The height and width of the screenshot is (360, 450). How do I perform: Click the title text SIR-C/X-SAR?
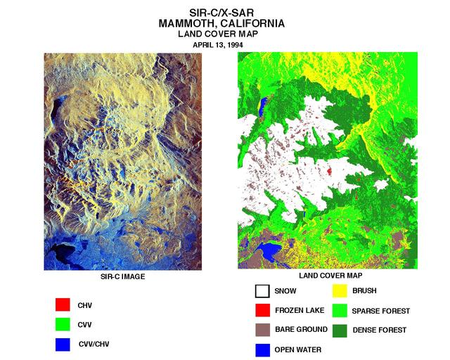(221, 12)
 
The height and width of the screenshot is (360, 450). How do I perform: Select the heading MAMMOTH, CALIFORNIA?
(221, 22)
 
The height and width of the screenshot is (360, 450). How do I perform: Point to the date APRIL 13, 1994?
(221, 44)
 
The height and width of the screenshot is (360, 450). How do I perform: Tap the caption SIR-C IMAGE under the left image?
(122, 276)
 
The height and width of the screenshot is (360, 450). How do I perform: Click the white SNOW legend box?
(262, 290)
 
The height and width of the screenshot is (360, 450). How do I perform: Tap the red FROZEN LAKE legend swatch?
(262, 310)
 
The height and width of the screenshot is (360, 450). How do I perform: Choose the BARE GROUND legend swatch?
(262, 329)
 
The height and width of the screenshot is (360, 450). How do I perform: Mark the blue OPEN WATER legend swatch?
(262, 349)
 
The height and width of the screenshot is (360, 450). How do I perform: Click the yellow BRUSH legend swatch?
(340, 290)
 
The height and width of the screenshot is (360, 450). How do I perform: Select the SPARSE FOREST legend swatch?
(340, 310)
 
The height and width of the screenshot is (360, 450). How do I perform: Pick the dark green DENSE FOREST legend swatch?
(340, 329)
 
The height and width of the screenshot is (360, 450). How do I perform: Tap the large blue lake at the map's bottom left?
(269, 251)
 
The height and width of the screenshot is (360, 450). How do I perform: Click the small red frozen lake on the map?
(330, 171)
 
